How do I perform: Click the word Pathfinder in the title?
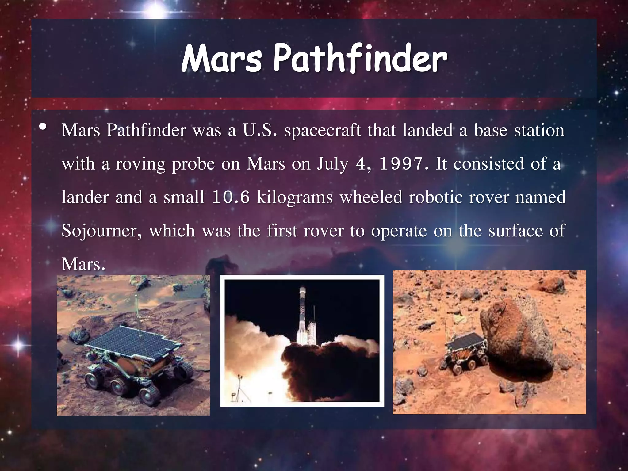(360, 58)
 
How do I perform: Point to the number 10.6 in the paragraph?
(231, 197)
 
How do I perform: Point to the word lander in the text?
(85, 197)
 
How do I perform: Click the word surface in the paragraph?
(515, 231)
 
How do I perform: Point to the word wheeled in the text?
(371, 197)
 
